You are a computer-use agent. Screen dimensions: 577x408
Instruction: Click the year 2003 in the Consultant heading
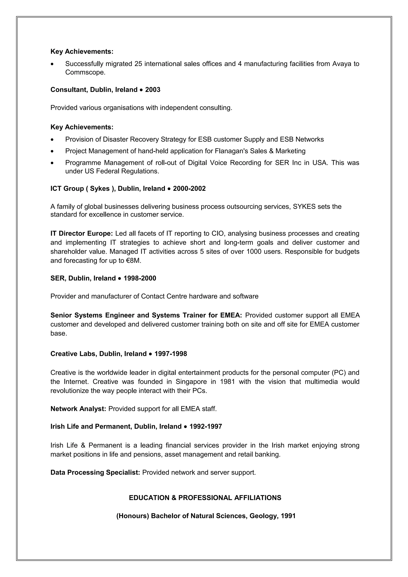[x=153, y=90]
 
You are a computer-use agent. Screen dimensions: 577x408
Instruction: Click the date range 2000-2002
[x=189, y=189]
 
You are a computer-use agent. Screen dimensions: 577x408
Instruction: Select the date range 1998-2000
[x=140, y=278]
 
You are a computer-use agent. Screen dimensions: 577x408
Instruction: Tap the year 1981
[x=227, y=382]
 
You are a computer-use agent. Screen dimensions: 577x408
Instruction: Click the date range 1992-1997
[x=206, y=426]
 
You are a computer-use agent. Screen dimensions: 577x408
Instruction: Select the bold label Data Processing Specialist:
[x=95, y=472]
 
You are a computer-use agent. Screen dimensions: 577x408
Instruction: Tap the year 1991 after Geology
[x=288, y=516]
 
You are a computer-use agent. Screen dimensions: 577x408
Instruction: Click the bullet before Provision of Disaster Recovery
[x=52, y=140]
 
